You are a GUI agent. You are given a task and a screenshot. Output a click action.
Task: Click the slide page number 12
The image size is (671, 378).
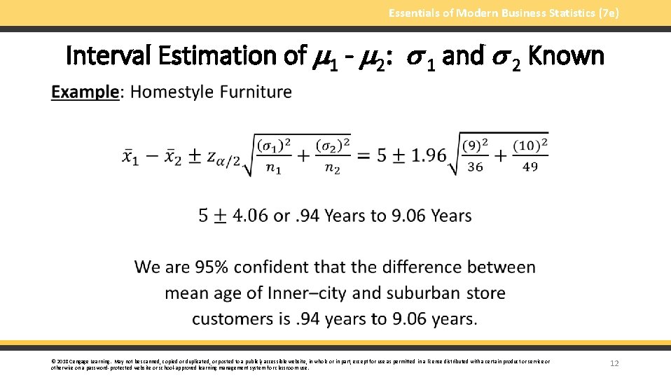[615, 363]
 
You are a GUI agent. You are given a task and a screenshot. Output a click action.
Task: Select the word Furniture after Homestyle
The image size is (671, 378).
[257, 92]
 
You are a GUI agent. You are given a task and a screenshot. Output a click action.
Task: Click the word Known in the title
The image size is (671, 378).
[566, 55]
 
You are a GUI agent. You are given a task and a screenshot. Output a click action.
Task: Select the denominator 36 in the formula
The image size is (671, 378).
[475, 167]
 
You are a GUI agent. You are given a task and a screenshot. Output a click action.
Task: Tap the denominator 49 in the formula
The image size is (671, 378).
[530, 167]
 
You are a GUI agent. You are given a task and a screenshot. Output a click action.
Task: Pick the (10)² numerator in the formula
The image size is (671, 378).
[530, 146]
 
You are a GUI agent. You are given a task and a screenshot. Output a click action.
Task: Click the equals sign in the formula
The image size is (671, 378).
[364, 155]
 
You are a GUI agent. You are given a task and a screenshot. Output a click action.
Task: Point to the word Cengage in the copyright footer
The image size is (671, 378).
[78, 361]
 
